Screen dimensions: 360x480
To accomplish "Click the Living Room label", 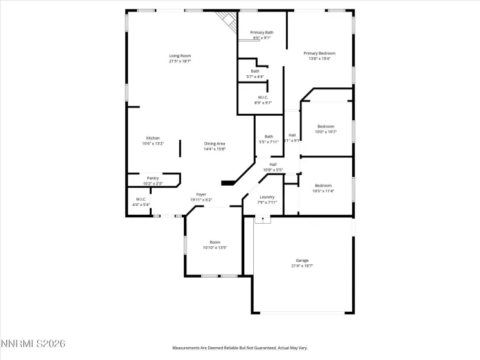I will click(x=180, y=56).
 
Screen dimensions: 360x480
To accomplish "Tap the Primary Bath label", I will click(x=262, y=32).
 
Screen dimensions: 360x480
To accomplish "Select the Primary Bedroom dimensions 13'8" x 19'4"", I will click(x=319, y=59).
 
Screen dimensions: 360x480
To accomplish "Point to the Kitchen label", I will click(x=152, y=138).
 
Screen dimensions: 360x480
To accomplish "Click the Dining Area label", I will click(x=215, y=143).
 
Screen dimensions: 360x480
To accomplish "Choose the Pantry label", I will click(x=152, y=178).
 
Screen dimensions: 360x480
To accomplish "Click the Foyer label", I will click(x=201, y=194).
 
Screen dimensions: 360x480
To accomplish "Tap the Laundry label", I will click(x=267, y=197).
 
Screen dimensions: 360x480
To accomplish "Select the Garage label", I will click(x=302, y=260).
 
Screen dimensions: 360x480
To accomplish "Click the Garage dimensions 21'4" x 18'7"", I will click(x=302, y=265).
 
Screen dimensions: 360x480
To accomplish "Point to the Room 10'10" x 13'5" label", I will click(x=215, y=242).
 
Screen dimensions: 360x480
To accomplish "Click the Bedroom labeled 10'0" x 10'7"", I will click(x=326, y=127).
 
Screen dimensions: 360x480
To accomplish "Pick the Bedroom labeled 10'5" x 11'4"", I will click(x=323, y=185).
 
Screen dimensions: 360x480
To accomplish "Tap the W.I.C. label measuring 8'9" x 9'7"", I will click(x=263, y=97).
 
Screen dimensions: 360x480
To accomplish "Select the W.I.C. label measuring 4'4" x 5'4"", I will click(x=140, y=199).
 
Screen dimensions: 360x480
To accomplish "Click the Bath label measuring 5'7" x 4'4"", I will click(x=255, y=71).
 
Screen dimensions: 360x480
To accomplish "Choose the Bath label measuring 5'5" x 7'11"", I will click(x=268, y=136).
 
